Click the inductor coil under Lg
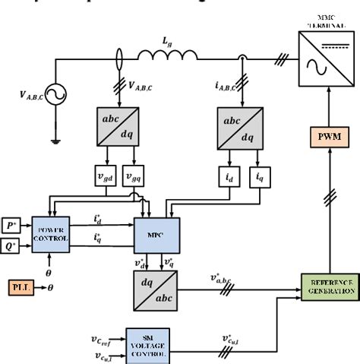[x=168, y=55]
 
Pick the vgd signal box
[x=103, y=176]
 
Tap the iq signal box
[x=261, y=176]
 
